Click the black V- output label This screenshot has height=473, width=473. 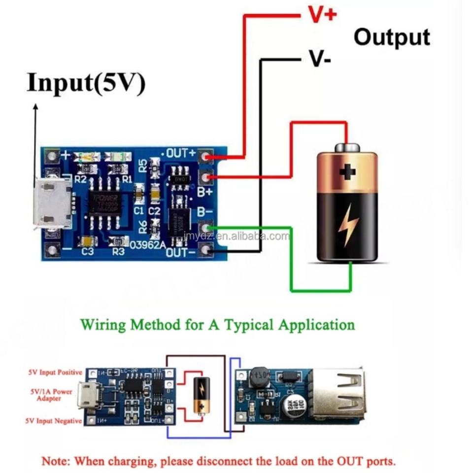tap(320, 59)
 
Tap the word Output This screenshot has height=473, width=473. tap(392, 37)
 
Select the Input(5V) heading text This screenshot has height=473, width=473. tap(86, 82)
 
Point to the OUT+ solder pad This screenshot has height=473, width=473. tap(205, 157)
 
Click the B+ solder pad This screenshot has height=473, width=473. tap(205, 176)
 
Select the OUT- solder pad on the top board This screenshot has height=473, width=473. tap(205, 251)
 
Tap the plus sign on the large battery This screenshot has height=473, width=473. tap(348, 172)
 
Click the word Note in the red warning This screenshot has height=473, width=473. tap(56, 462)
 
